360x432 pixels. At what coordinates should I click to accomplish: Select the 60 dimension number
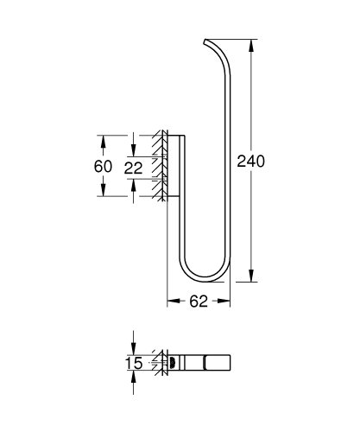104,165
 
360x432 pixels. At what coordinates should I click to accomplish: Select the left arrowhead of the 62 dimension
170,302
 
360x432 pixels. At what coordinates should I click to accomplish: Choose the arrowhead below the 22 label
134,185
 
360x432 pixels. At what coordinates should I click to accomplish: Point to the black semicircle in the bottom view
172,363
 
